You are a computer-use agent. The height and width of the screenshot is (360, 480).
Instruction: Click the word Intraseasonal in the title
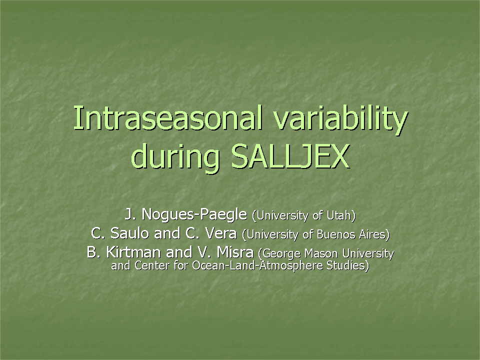click(x=168, y=118)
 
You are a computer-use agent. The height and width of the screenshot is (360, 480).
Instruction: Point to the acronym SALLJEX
click(x=290, y=156)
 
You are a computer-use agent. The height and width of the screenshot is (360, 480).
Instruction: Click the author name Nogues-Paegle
click(x=194, y=214)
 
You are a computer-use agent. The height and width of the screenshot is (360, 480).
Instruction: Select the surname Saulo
click(x=129, y=233)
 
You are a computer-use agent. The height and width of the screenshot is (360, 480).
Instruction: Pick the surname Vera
click(x=220, y=233)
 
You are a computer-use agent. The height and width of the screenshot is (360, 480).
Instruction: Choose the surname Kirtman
click(x=133, y=252)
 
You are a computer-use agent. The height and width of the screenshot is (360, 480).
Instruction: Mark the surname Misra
click(x=235, y=252)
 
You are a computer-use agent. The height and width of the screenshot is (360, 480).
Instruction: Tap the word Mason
click(x=321, y=253)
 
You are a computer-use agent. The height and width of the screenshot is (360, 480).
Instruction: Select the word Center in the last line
click(x=151, y=265)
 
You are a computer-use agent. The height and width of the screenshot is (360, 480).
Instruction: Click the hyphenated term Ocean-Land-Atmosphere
click(x=257, y=265)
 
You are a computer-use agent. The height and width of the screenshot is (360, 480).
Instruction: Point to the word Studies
click(x=348, y=265)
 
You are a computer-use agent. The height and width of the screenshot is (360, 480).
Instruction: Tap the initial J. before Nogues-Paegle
click(x=130, y=214)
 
